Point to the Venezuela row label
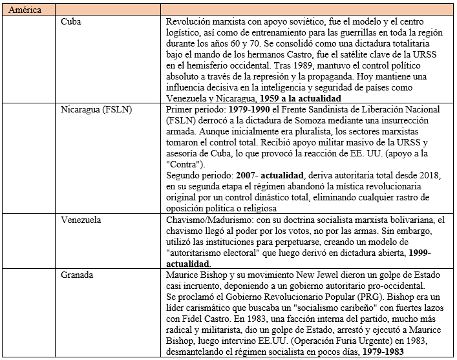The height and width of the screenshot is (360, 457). point(81,220)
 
